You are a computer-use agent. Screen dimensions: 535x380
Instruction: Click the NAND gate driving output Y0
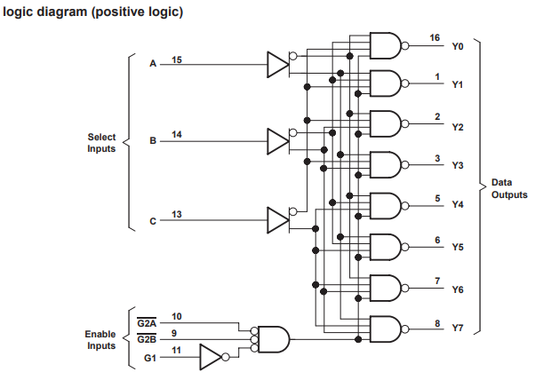coord(386,45)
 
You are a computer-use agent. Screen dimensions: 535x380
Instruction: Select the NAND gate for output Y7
coord(386,329)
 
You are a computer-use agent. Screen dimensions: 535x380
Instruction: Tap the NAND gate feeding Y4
coord(386,206)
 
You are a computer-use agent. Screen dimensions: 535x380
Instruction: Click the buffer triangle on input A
coord(277,65)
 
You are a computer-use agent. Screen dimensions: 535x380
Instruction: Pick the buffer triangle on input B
coord(277,141)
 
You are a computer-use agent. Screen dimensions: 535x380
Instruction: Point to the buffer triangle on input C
coord(277,220)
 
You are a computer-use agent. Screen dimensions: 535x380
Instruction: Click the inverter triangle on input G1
coord(210,357)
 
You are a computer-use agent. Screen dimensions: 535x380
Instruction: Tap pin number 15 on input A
coord(176,60)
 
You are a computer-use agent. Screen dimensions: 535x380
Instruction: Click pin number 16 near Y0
coord(435,37)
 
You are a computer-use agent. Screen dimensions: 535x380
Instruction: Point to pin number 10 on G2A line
coord(176,317)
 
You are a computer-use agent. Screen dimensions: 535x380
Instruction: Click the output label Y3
coord(458,165)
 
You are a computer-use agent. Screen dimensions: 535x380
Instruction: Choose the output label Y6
coord(458,289)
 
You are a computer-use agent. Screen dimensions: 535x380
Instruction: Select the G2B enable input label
coord(147,339)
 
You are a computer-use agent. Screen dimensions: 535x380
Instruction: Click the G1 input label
coord(150,358)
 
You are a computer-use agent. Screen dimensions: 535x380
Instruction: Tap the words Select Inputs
coord(101,143)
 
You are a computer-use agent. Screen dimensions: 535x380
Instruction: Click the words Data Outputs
coord(509,188)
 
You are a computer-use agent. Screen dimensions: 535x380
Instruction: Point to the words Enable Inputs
coord(100,340)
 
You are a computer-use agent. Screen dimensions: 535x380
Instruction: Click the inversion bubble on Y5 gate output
coord(405,247)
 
